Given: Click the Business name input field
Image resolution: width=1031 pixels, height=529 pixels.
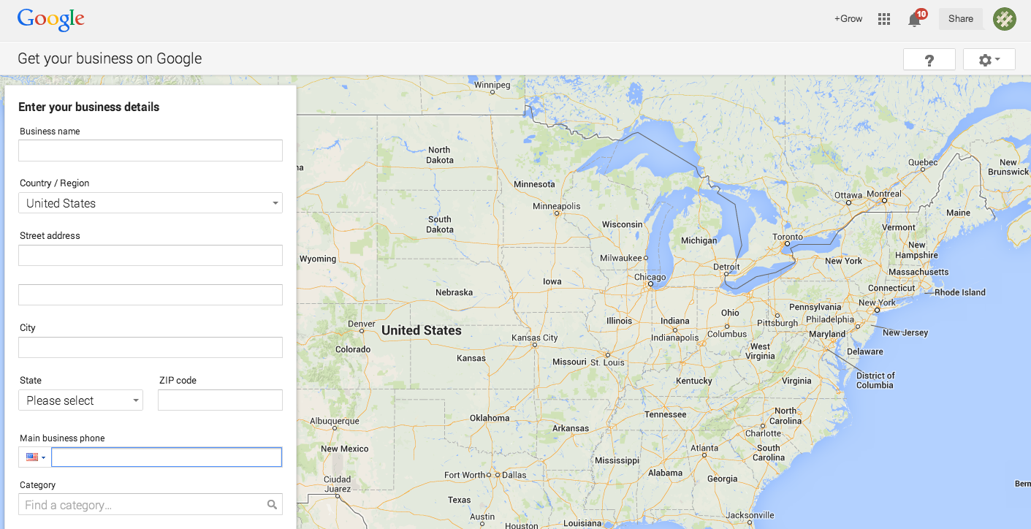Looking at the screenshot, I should [x=151, y=151].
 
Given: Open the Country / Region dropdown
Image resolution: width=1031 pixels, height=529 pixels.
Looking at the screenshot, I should [x=151, y=203].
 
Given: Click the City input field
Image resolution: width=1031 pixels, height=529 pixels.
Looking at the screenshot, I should [x=151, y=347].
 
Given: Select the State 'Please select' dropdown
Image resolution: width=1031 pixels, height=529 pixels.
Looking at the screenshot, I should [x=81, y=400].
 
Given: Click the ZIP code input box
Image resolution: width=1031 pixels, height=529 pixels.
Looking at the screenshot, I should [x=220, y=400].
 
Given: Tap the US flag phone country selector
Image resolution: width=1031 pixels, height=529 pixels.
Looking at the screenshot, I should [x=35, y=457].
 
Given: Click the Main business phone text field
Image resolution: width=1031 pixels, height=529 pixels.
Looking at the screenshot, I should [x=167, y=457].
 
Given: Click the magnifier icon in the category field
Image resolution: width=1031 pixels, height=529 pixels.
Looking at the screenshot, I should [x=272, y=505].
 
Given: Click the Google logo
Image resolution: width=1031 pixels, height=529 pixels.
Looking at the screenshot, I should [x=51, y=20].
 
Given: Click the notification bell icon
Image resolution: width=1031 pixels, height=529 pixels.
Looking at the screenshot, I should [x=915, y=20].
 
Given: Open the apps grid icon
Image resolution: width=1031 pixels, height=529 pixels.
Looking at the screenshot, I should [x=884, y=19].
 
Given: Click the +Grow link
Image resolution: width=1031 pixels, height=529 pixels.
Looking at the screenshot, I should [x=848, y=19].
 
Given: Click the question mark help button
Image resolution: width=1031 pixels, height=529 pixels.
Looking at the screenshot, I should [x=929, y=60].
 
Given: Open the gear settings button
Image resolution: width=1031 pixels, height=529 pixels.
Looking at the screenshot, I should [x=989, y=60].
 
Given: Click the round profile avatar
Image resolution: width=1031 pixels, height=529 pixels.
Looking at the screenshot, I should [x=1005, y=19].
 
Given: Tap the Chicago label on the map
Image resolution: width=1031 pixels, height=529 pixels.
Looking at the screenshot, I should [x=650, y=277].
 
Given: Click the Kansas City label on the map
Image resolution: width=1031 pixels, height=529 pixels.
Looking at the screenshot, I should [x=534, y=338].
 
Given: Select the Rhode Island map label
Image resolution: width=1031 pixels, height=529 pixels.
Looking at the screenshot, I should [x=960, y=292].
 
